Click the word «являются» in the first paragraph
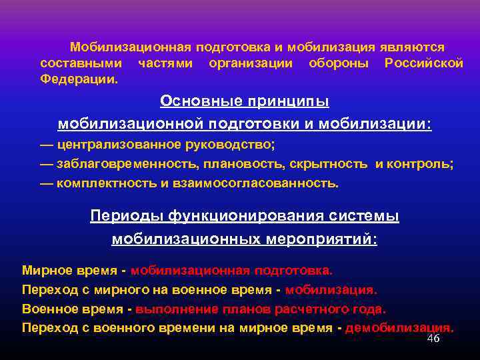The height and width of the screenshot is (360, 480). tap(412, 48)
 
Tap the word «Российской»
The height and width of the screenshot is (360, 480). tap(423, 64)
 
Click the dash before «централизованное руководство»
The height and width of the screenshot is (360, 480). tap(47, 144)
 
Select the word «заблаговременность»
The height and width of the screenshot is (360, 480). tap(126, 164)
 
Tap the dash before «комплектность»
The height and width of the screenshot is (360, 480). tap(47, 183)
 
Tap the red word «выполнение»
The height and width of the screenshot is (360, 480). tap(173, 309)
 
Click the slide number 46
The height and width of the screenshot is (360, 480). tap(433, 339)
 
